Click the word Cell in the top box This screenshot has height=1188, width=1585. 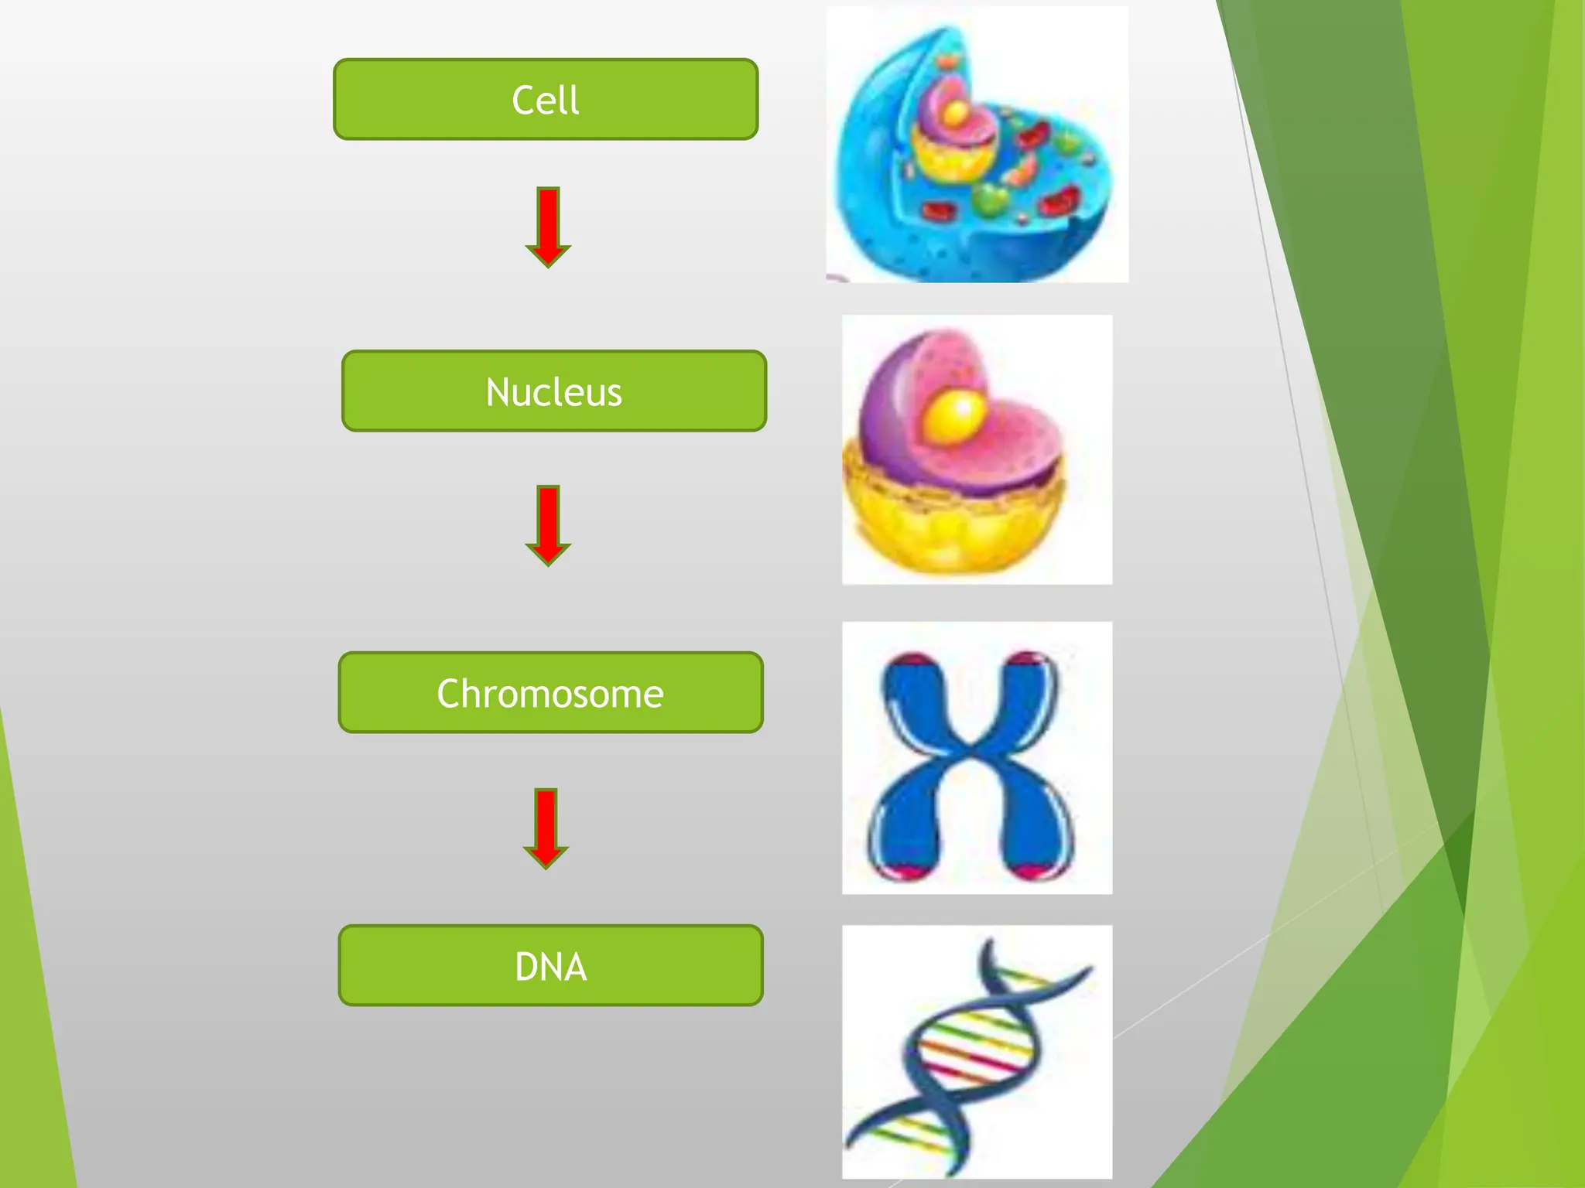pyautogui.click(x=545, y=100)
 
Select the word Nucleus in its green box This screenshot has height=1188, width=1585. pyautogui.click(x=553, y=392)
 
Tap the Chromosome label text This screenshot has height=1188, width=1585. pyautogui.click(x=550, y=693)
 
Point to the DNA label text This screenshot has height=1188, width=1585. pyautogui.click(x=550, y=967)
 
